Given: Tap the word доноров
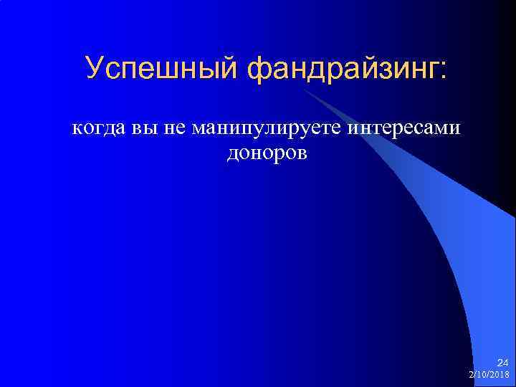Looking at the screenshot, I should point(267,153).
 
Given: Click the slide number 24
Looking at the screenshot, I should point(502,363).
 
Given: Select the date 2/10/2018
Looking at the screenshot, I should point(489,375).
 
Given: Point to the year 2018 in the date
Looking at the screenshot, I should point(501,375).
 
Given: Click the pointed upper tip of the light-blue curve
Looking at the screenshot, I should point(304,89).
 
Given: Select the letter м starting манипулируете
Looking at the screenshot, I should point(198,130).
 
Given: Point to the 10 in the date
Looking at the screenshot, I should point(481,375).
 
